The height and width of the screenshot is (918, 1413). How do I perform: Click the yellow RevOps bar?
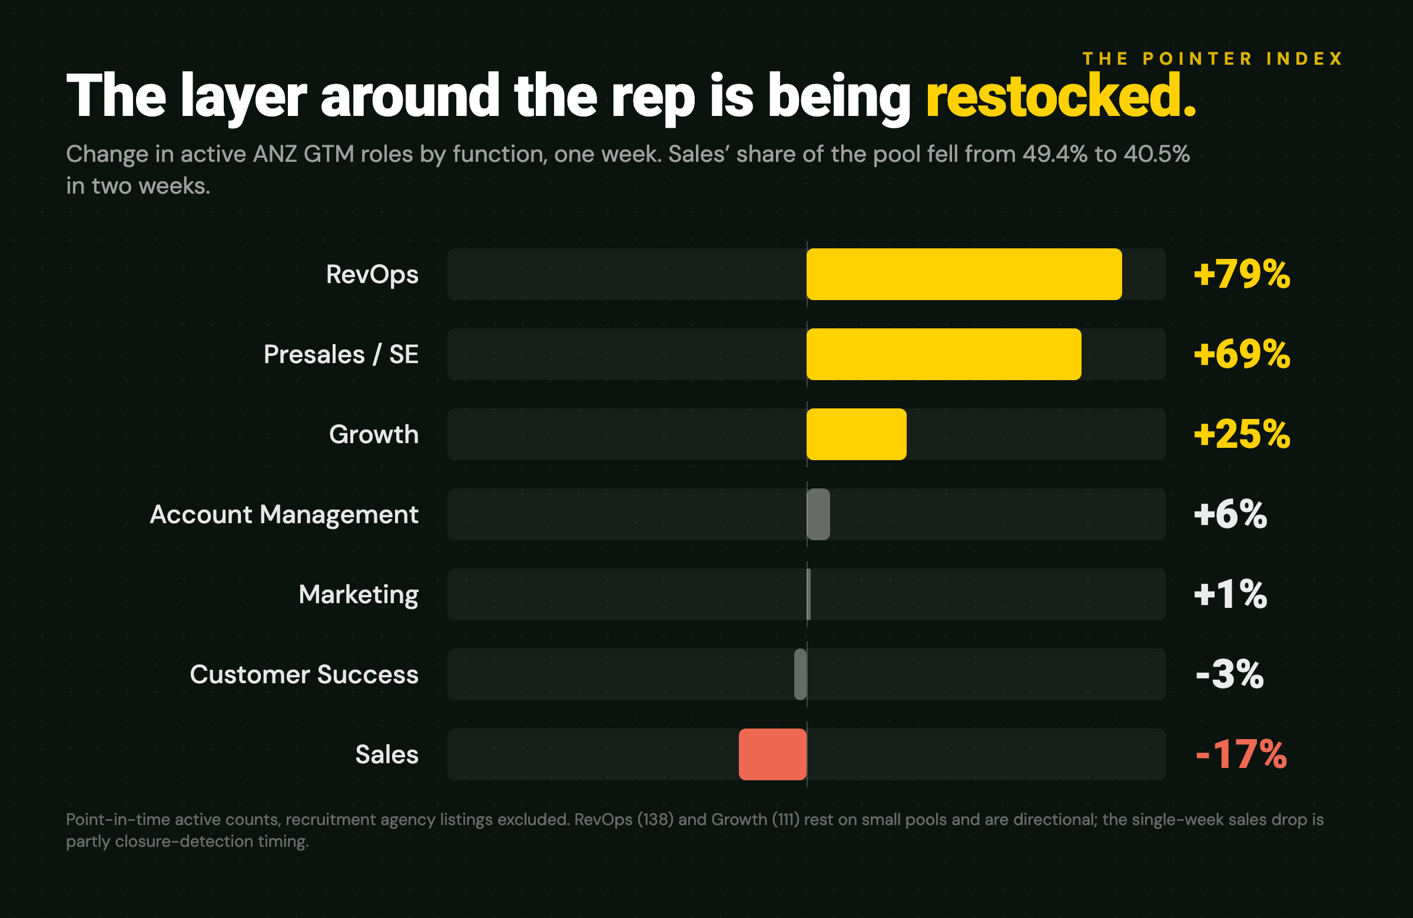pyautogui.click(x=964, y=274)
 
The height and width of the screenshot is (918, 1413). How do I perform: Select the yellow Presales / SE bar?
pyautogui.click(x=944, y=354)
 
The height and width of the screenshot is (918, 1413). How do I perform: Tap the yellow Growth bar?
pyautogui.click(x=857, y=434)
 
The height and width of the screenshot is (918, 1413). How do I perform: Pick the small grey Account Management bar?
pyautogui.click(x=818, y=514)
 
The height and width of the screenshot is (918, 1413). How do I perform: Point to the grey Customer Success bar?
pyautogui.click(x=800, y=674)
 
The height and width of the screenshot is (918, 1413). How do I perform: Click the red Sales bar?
pyautogui.click(x=772, y=754)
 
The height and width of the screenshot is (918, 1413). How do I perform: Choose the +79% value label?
pyautogui.click(x=1242, y=275)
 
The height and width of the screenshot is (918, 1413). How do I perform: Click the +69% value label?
pyautogui.click(x=1242, y=354)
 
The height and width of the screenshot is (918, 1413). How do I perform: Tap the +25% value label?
pyautogui.click(x=1242, y=434)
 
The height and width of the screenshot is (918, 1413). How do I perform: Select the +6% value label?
pyautogui.click(x=1230, y=514)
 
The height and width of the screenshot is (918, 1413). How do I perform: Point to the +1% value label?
pyautogui.click(x=1230, y=594)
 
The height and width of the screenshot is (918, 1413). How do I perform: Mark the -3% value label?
pyautogui.click(x=1229, y=675)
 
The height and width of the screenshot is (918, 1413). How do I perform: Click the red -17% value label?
pyautogui.click(x=1241, y=755)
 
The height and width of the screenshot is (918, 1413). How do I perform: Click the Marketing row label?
pyautogui.click(x=359, y=594)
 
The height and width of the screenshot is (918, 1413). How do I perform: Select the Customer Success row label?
pyautogui.click(x=304, y=675)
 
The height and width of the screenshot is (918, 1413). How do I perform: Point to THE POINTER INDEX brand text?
pyautogui.click(x=1213, y=59)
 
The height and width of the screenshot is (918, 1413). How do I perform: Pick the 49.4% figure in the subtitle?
pyautogui.click(x=1055, y=154)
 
